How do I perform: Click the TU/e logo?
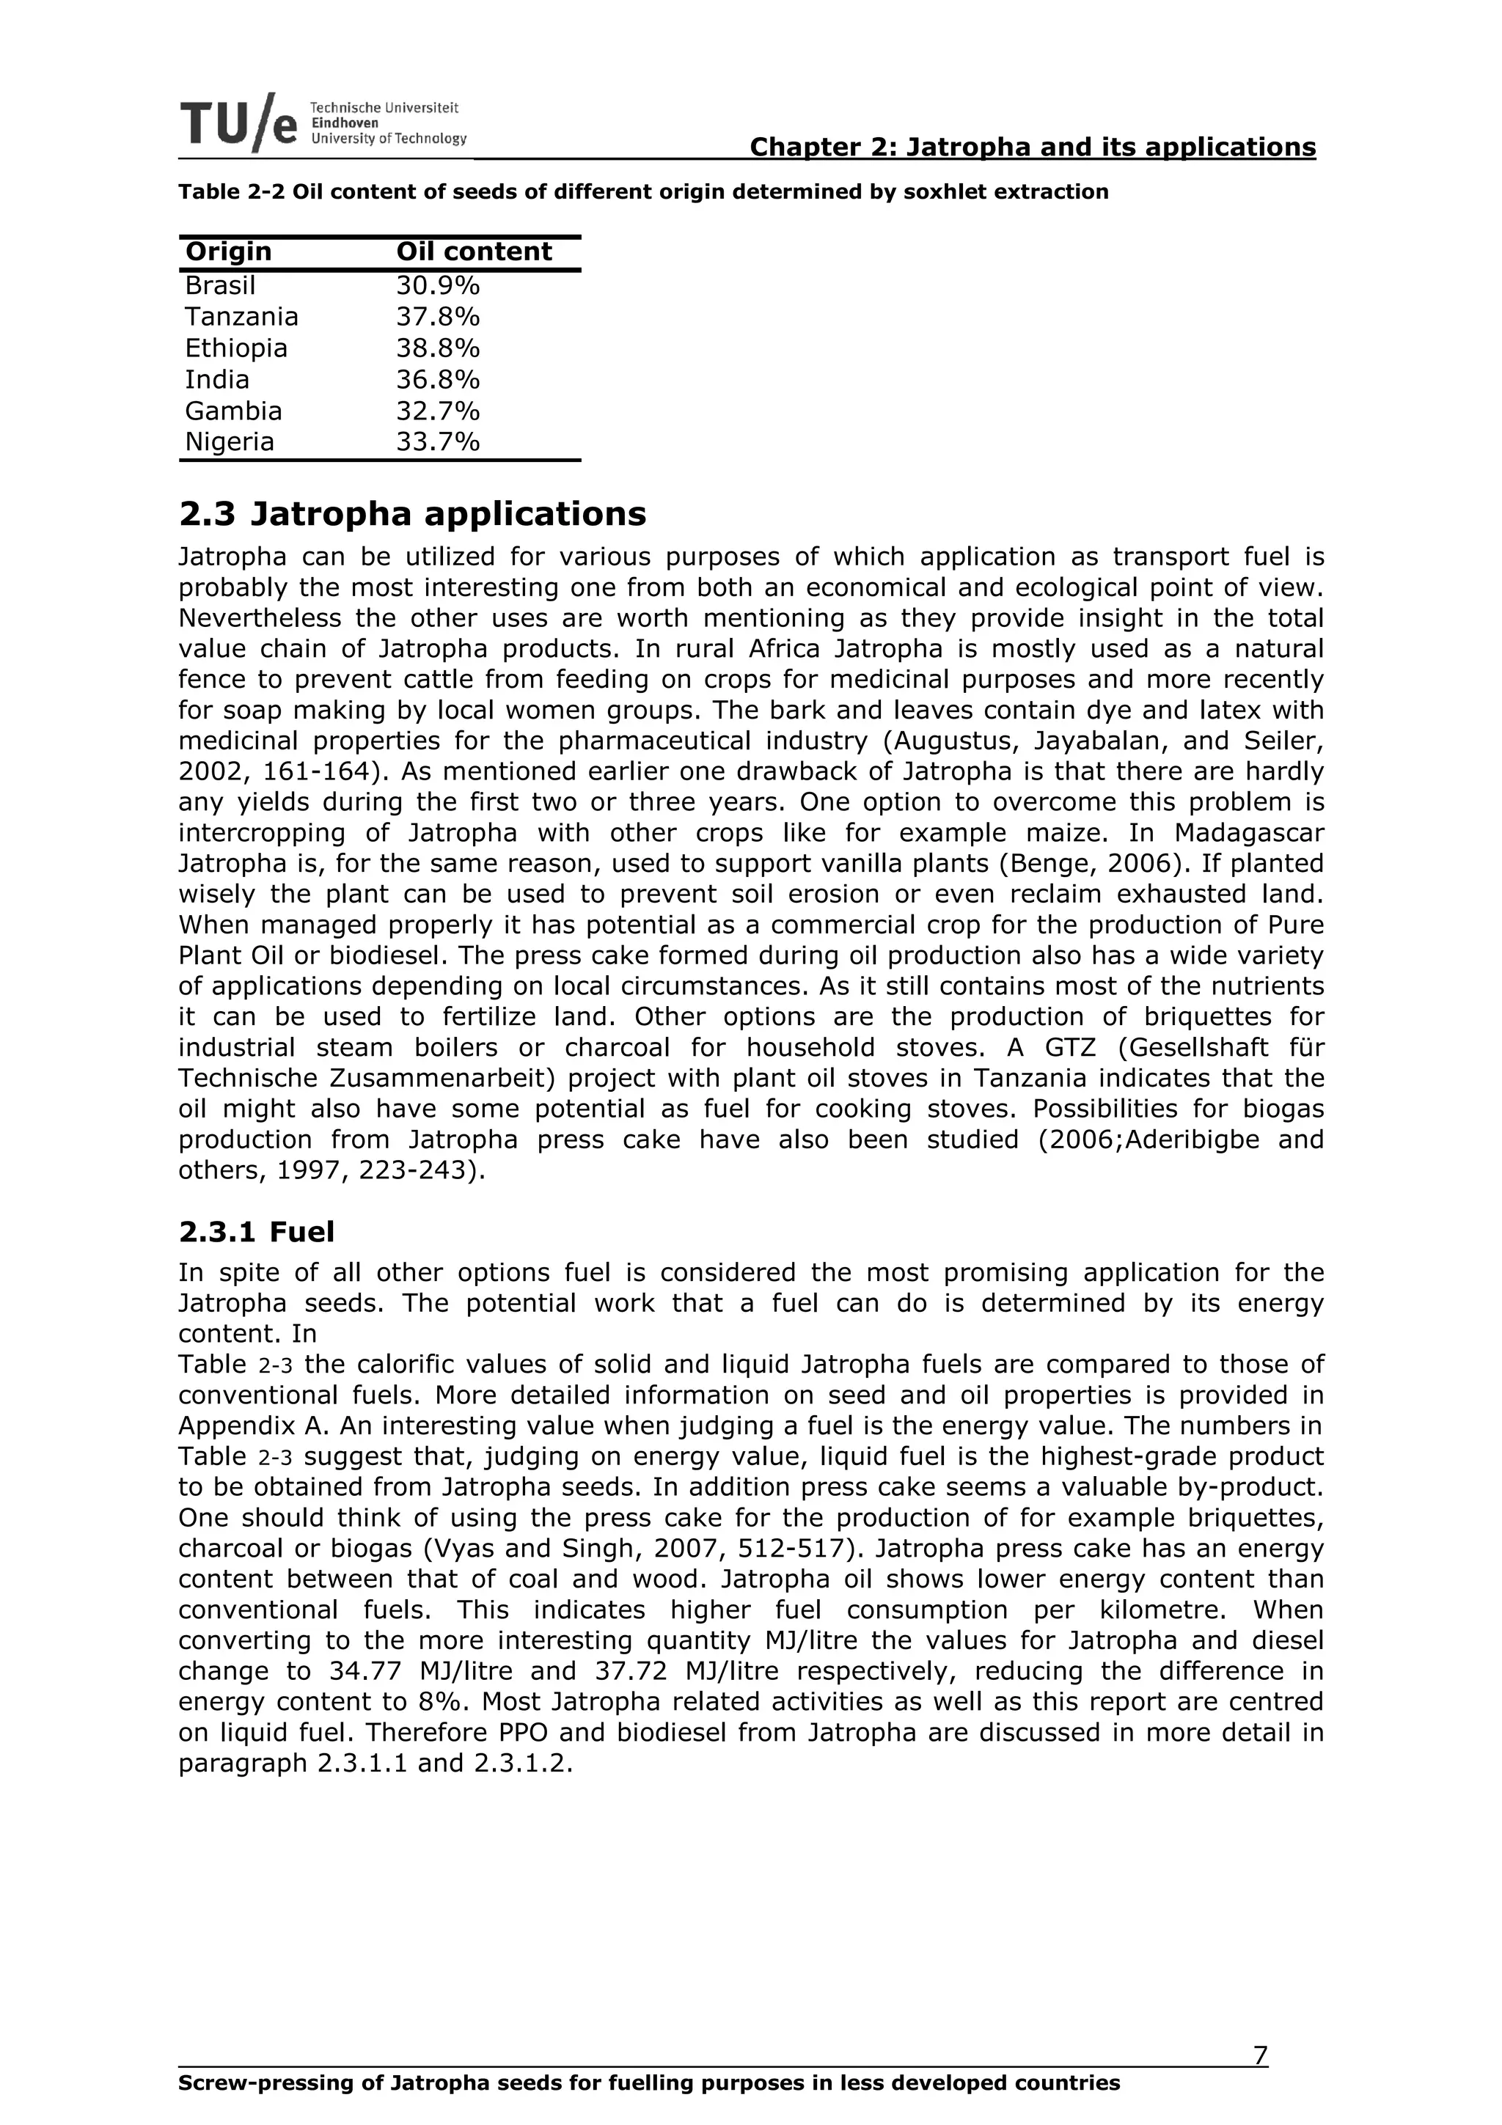[239, 122]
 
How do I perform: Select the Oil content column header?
[474, 252]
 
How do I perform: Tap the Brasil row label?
[220, 285]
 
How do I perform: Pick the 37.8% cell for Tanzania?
[438, 317]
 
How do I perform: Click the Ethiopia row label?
[236, 348]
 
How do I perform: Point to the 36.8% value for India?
[438, 380]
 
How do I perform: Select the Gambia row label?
[233, 411]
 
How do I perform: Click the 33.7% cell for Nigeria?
[438, 442]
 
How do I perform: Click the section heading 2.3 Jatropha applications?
[412, 514]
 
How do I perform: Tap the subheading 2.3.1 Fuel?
[257, 1232]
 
